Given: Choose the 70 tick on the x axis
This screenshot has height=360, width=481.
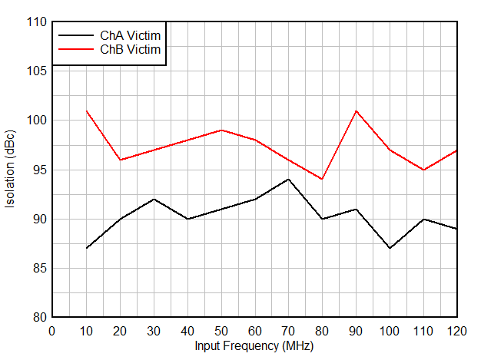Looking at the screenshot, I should coord(288,331).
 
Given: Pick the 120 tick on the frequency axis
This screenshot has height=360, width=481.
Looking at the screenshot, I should coord(457,331).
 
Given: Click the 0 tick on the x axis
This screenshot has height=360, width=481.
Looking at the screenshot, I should coord(52,331).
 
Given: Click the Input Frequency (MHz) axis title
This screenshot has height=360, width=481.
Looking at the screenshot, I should coord(254,346).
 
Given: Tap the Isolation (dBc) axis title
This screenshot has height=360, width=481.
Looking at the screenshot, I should coord(11,170).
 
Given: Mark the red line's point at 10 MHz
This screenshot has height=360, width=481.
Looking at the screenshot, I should coord(86,111).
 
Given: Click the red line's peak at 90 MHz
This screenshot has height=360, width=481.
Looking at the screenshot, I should coord(356,111).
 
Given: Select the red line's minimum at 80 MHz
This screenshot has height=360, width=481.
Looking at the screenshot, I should coord(322,180).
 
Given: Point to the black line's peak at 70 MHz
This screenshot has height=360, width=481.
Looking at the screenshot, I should coord(288,180).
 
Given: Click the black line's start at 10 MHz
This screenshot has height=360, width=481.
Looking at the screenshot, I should coord(86,249).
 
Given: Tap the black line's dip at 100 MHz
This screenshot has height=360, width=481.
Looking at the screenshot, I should coord(390,249).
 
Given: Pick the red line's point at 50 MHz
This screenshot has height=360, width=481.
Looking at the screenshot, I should coord(221,130).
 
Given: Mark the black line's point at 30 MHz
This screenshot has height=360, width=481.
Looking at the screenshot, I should coord(154,200).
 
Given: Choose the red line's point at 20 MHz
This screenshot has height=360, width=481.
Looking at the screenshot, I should coord(120,160).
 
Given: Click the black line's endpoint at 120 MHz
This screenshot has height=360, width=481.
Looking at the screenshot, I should coord(457,229).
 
